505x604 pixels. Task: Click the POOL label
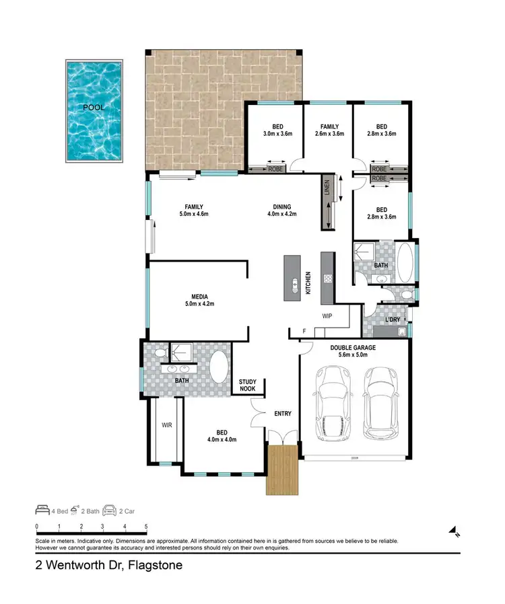coord(93,108)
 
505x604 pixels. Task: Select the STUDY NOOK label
coord(248,385)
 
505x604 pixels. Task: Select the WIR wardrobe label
coord(166,425)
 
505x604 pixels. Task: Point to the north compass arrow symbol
coord(454,532)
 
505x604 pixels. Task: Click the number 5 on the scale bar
coord(146,527)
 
